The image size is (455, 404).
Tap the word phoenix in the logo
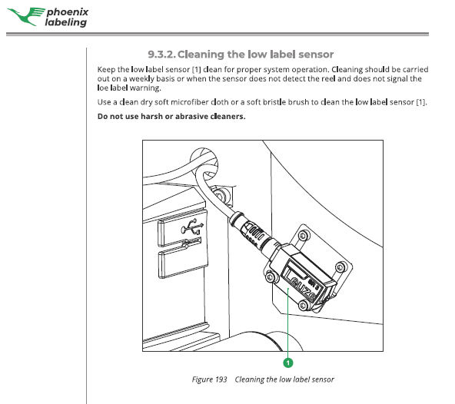coord(68,12)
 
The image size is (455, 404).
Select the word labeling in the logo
coord(66,22)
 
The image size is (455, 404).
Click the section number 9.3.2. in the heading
coord(161,55)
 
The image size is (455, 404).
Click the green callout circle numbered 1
coord(288,363)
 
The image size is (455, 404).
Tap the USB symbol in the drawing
coord(192,227)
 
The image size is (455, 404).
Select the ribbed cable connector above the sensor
coord(252,232)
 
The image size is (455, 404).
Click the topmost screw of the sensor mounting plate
coord(304,235)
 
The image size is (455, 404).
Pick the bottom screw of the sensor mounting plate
coord(303,305)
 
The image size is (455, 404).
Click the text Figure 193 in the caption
coord(209,379)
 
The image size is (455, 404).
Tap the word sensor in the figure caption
coord(322,379)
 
